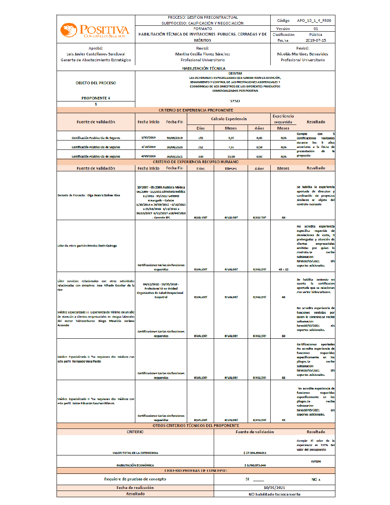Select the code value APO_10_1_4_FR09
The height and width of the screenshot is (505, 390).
pos(314,21)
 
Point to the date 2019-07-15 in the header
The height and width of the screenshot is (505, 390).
pos(316,40)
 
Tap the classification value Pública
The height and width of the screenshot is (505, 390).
pos(316,34)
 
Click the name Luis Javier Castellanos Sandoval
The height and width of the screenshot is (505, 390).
pos(96,54)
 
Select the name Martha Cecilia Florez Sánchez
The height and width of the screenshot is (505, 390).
pos(202,54)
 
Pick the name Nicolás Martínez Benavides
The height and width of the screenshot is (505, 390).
pos(302,54)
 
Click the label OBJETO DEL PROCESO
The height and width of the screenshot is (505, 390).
pos(96,83)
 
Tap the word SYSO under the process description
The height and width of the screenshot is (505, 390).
pos(235,101)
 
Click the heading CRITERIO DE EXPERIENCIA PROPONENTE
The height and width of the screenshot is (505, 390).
pos(196,110)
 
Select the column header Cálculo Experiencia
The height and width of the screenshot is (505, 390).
pos(229,119)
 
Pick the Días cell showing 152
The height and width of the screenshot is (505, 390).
pos(200,138)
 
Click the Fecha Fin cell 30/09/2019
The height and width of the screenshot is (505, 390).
pos(174,138)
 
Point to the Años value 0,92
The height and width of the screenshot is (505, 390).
pos(259,156)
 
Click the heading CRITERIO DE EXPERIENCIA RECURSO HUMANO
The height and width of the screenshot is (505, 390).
pos(196,162)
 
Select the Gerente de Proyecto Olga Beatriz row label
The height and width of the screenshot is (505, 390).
pos(89,195)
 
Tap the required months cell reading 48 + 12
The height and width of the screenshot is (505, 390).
pos(283,269)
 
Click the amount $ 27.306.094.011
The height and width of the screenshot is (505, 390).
pos(255,453)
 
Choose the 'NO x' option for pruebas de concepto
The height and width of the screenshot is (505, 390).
pos(316,479)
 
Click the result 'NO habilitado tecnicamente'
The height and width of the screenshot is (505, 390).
pos(274,494)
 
